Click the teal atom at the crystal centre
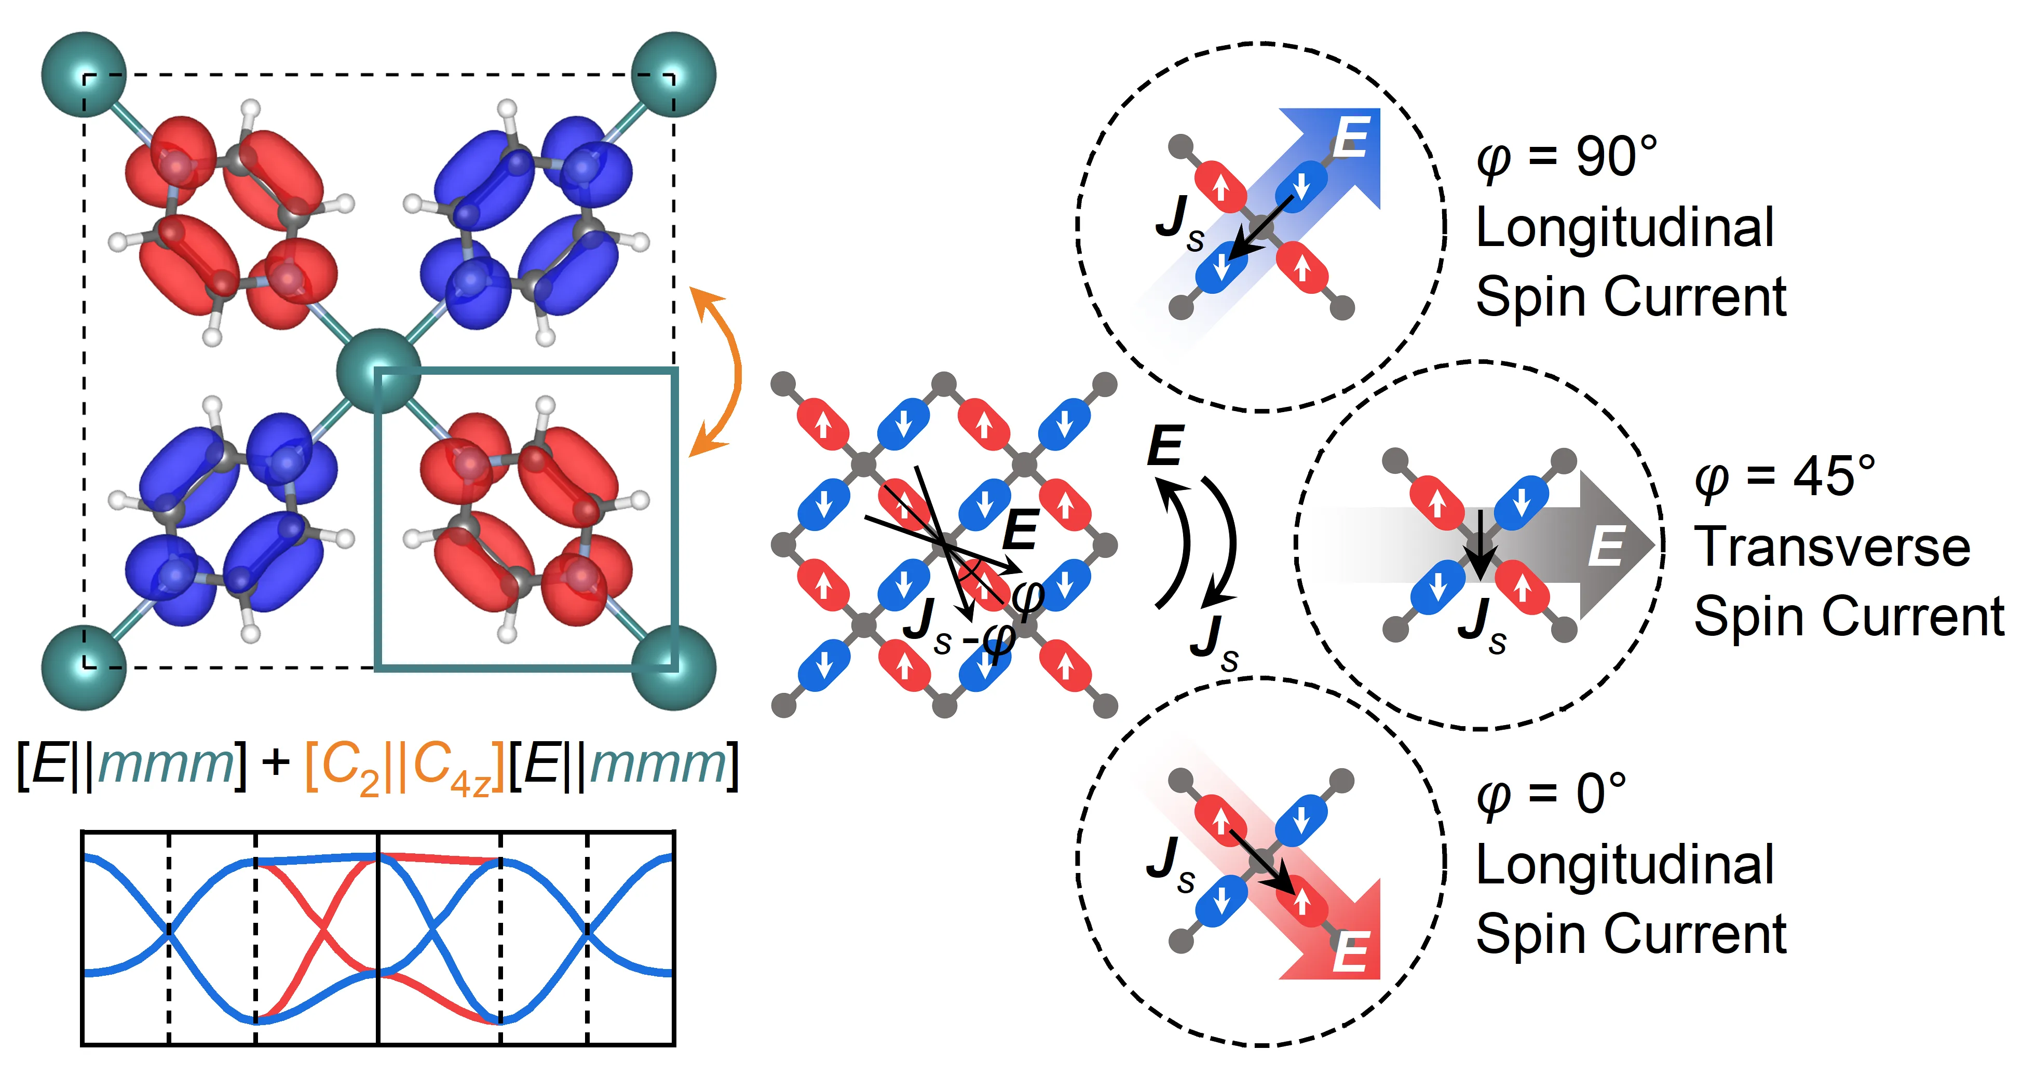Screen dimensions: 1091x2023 pyautogui.click(x=378, y=371)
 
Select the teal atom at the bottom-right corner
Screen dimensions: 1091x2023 pyautogui.click(x=674, y=667)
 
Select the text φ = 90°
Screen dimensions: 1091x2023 pyautogui.click(x=1566, y=157)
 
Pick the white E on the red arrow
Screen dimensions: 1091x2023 pyautogui.click(x=1351, y=953)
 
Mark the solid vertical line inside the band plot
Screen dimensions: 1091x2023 pyautogui.click(x=378, y=938)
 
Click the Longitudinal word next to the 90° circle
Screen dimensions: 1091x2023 pyautogui.click(x=1624, y=228)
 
